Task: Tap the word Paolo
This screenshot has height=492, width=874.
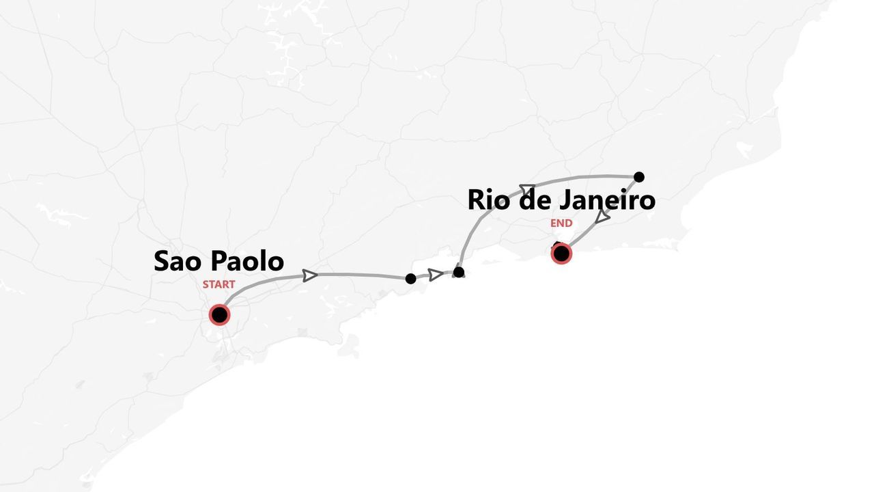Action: (247, 261)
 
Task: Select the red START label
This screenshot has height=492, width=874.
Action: (218, 284)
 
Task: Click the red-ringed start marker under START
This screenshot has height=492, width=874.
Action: (219, 315)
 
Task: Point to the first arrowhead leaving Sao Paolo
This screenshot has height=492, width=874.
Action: (310, 275)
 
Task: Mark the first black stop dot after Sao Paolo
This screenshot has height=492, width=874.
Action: (410, 279)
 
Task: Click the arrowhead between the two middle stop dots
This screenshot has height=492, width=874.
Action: (435, 275)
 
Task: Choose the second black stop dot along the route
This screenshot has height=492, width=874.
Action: (459, 272)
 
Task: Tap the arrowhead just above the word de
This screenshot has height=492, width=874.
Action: (527, 189)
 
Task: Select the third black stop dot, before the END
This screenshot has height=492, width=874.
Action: (639, 177)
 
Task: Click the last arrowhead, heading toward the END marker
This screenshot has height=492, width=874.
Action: (602, 217)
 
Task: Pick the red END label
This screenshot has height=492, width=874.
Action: (561, 223)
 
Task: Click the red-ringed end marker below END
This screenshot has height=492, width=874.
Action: (561, 254)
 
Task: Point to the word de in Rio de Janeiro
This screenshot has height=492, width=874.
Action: (534, 200)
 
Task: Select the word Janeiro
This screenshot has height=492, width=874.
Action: (608, 200)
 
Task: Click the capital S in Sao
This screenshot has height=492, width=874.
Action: (162, 261)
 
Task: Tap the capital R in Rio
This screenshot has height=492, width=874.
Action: (476, 200)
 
